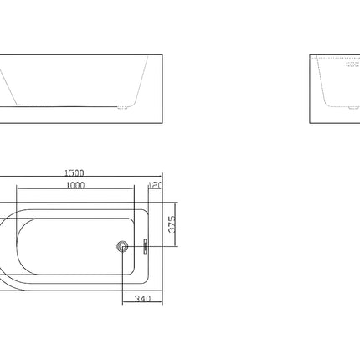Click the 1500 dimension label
coord(75,173)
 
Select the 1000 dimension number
coord(75,185)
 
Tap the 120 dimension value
coord(156,185)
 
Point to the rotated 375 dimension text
coord(172,224)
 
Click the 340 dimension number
coord(142,299)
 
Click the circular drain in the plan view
coord(122,246)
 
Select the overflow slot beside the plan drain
coord(145,246)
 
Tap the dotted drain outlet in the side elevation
coord(122,107)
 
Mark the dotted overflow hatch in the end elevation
coord(352,64)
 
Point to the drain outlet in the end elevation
coord(354,107)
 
